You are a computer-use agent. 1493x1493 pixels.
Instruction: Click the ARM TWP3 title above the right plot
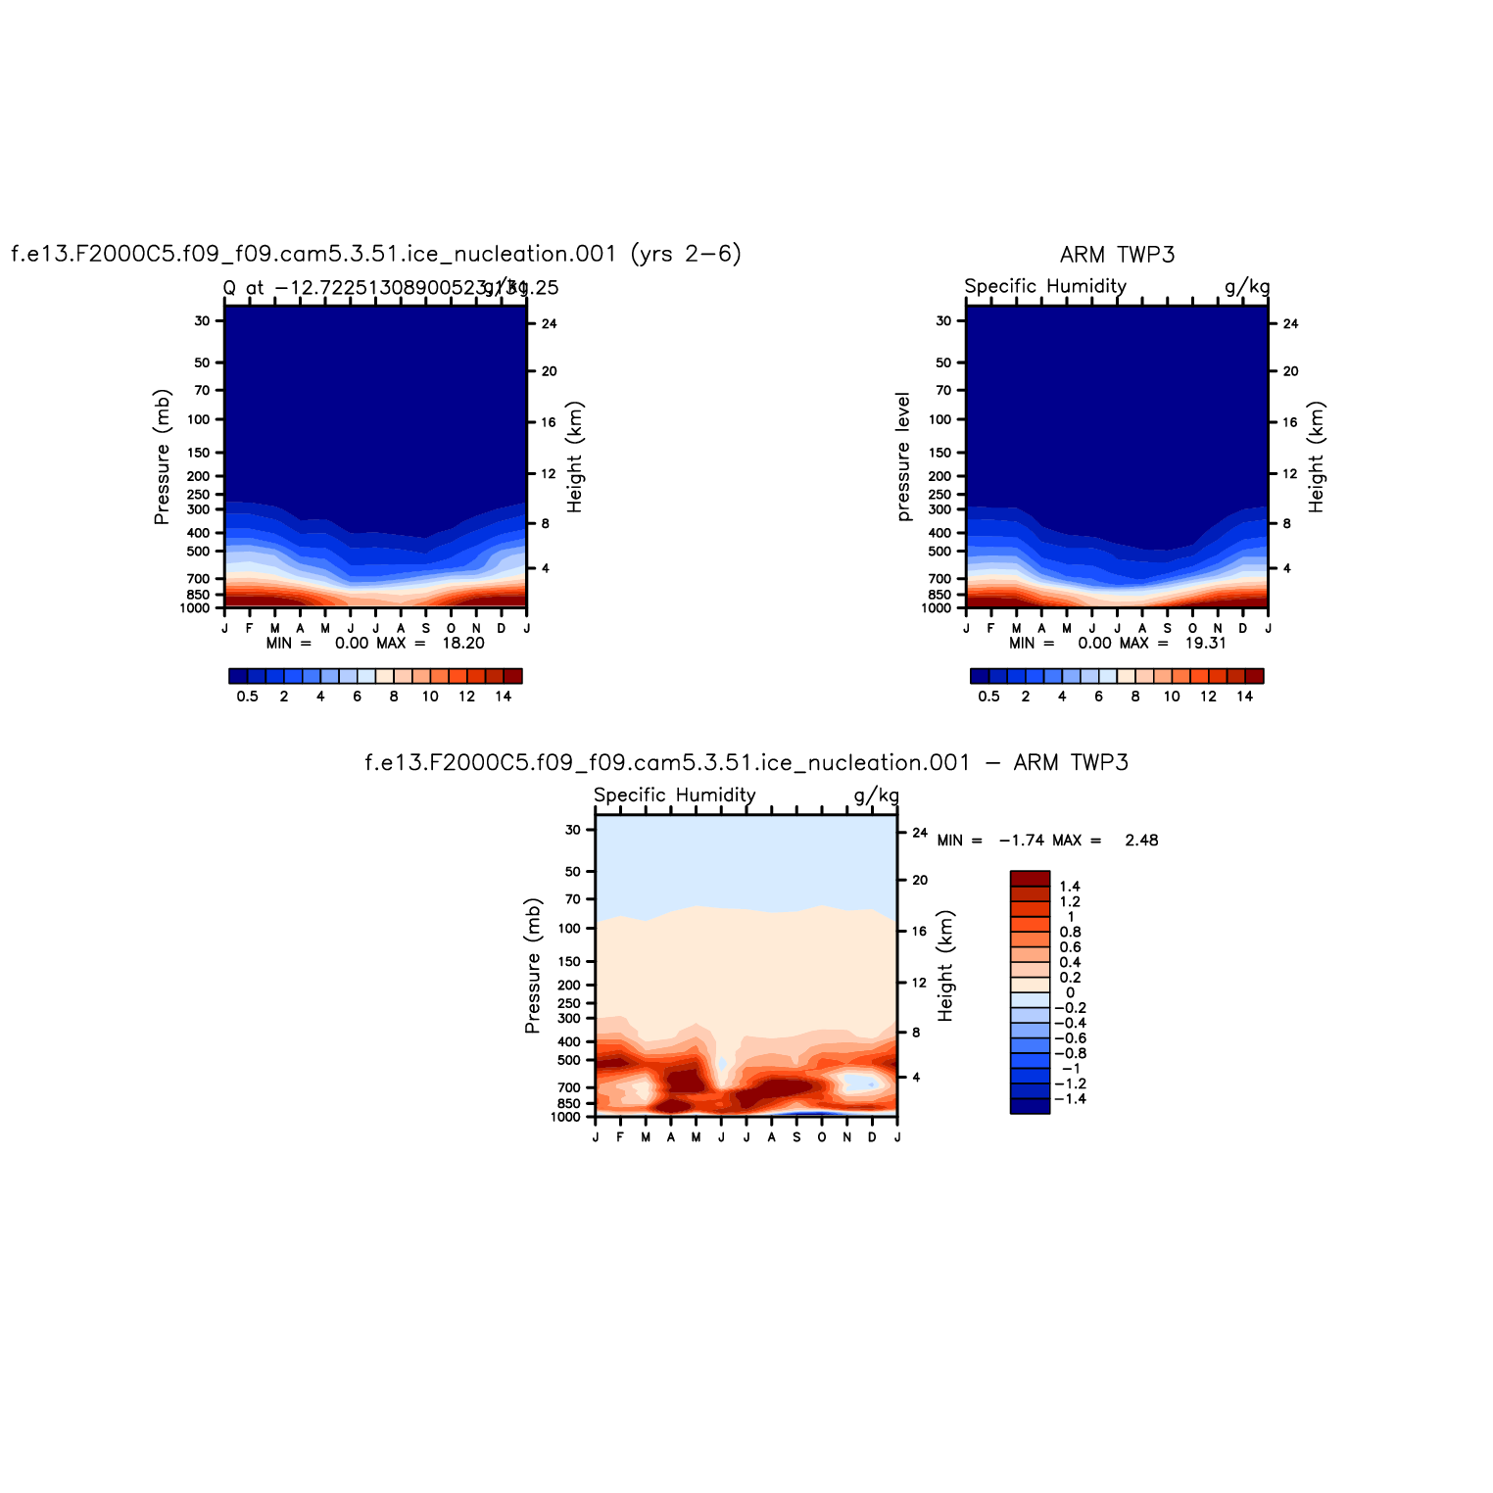coord(1117,255)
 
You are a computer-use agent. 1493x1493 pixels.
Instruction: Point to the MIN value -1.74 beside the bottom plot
coord(1020,841)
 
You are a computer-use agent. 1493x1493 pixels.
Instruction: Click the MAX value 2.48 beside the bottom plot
coord(1141,841)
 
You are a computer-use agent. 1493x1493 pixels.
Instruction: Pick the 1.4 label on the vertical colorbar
coord(1070,887)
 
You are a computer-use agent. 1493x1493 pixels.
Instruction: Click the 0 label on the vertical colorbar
coord(1070,992)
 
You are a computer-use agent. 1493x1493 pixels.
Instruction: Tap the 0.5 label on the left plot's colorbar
coord(247,697)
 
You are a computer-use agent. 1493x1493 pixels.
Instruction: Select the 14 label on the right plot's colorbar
coord(1244,697)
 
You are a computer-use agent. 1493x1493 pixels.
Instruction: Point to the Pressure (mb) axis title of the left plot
coord(163,457)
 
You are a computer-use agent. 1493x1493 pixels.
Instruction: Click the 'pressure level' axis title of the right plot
coord(903,457)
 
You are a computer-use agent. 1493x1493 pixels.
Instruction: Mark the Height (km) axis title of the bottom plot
coord(945,966)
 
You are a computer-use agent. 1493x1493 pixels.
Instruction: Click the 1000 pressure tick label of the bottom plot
coord(565,1118)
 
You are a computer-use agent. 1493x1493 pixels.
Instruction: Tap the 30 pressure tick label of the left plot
coord(202,320)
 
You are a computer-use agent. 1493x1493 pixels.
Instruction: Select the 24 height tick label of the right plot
coord(1290,324)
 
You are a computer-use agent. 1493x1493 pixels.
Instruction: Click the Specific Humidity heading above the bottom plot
coord(674,795)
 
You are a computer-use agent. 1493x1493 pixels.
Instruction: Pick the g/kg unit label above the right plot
coord(1246,286)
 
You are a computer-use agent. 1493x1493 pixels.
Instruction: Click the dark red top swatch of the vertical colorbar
coord(1030,878)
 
